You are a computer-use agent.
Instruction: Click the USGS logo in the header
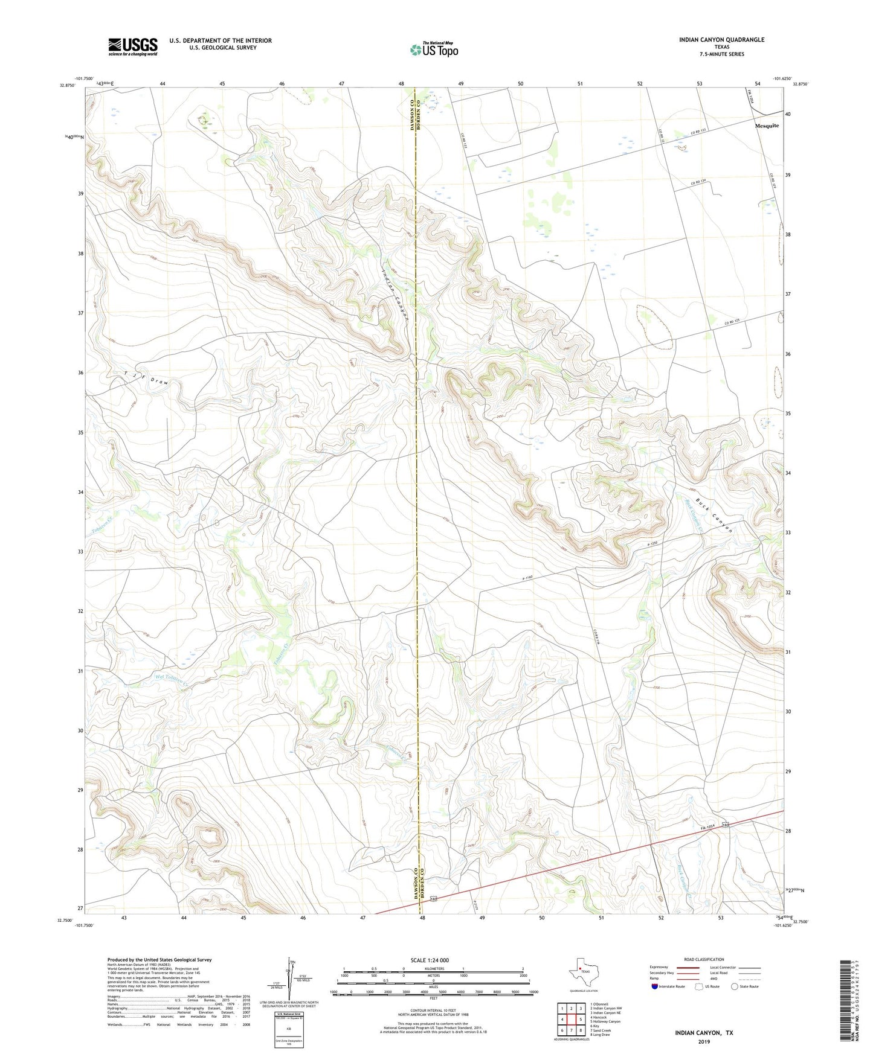pos(132,46)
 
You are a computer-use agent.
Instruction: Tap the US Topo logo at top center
pos(434,50)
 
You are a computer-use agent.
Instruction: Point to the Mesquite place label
pos(767,126)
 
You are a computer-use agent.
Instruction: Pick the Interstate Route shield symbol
pos(654,986)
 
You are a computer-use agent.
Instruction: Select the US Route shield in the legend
pos(700,986)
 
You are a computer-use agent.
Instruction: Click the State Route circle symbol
pos(735,986)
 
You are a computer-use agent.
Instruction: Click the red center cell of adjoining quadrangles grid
pos(572,1019)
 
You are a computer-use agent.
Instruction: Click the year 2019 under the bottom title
pos(704,1042)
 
